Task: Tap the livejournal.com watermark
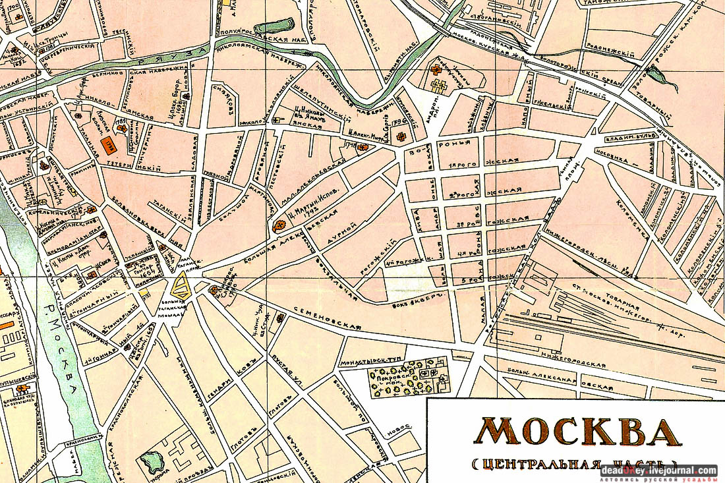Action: (658, 470)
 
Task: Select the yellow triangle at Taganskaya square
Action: (179, 286)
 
